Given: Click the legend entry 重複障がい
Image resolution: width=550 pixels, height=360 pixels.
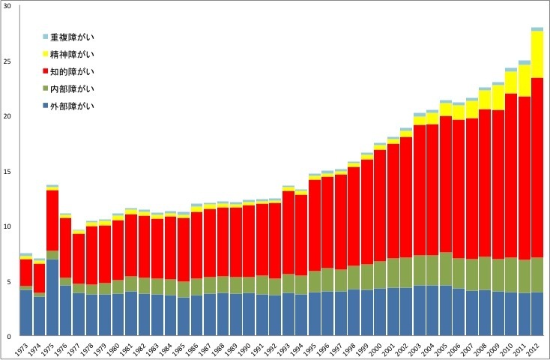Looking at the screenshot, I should [73, 37].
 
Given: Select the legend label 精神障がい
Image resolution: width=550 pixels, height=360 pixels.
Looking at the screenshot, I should [73, 54].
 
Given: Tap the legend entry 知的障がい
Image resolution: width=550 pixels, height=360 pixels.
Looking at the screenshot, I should [73, 71].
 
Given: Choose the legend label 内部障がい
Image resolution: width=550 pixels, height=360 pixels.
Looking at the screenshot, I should [73, 88].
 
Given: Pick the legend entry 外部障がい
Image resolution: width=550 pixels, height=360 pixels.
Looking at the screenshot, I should [73, 106].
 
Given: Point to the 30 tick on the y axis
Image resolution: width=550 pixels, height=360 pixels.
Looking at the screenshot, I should [7, 7].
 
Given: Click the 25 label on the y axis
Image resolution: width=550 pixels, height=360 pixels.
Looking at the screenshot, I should [7, 61].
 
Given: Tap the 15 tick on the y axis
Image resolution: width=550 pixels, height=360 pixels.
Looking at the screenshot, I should [7, 172].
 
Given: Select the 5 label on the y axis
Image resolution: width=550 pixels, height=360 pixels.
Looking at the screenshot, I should [9, 281].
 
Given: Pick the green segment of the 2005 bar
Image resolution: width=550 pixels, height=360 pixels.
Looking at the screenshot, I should [445, 268].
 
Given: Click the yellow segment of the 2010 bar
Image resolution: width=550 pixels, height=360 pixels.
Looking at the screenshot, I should [511, 82].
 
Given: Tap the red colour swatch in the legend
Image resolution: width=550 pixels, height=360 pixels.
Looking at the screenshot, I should [45, 71].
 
